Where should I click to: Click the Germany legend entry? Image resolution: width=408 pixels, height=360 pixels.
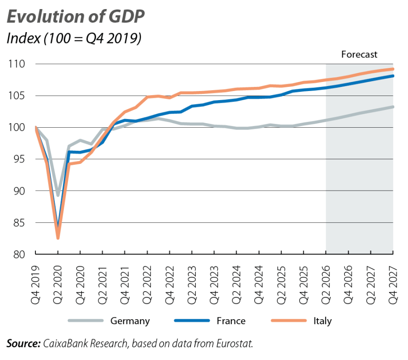click(130, 321)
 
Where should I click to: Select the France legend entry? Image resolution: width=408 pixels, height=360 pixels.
click(231, 321)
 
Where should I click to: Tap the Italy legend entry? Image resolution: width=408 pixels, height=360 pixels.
click(322, 321)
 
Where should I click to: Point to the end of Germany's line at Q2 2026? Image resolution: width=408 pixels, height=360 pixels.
click(325, 120)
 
